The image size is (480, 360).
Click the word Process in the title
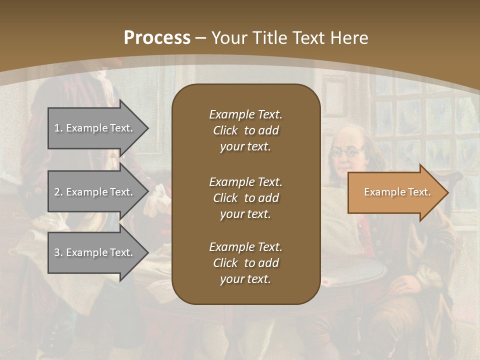(x=157, y=37)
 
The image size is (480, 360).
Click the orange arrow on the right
(x=395, y=192)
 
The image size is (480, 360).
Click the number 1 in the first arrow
(x=57, y=128)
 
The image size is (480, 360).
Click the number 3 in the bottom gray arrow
(x=57, y=252)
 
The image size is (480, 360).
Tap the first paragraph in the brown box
(x=245, y=130)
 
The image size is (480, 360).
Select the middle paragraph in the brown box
(x=245, y=198)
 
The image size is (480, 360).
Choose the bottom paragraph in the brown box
(x=245, y=263)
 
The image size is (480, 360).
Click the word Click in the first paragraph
(x=225, y=130)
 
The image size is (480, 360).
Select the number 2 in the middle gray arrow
(x=57, y=192)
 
